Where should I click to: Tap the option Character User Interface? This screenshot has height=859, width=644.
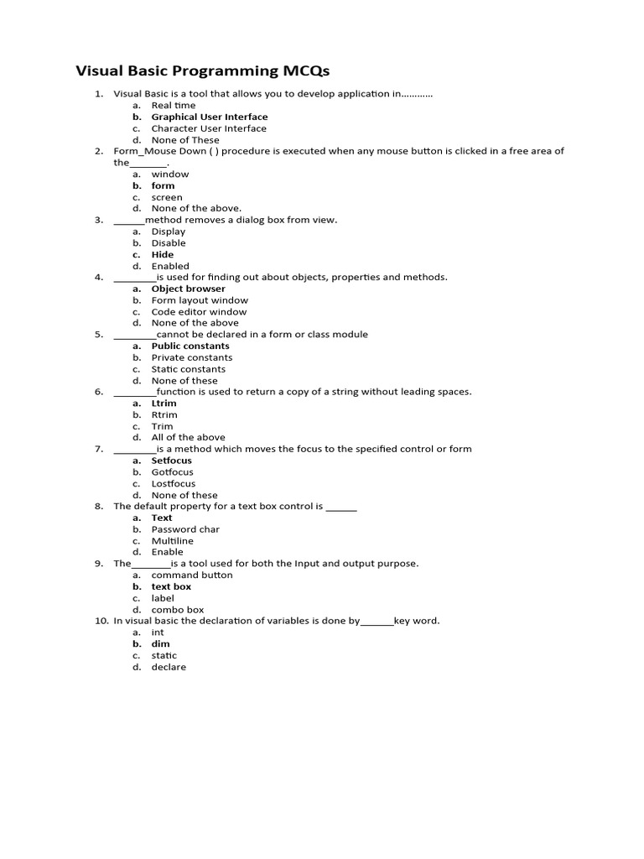209,128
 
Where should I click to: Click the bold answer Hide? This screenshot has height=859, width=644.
163,254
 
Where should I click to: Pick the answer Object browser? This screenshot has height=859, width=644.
189,289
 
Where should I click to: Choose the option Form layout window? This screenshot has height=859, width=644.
200,300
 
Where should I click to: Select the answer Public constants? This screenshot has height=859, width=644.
190,346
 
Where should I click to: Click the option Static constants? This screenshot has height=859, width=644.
189,369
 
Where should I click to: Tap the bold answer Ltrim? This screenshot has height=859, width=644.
164,403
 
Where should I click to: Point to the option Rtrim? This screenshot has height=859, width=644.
164,414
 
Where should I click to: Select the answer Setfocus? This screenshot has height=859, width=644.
172,461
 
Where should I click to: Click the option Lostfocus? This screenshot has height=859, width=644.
174,483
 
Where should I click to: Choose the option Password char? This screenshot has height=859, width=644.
185,529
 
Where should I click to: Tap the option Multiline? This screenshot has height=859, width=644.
173,541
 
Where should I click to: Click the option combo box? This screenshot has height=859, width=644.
178,610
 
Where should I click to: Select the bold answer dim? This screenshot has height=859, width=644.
160,644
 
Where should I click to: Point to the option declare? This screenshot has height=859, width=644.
169,667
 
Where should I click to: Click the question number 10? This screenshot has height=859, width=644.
100,621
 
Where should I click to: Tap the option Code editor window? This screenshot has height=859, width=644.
200,311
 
